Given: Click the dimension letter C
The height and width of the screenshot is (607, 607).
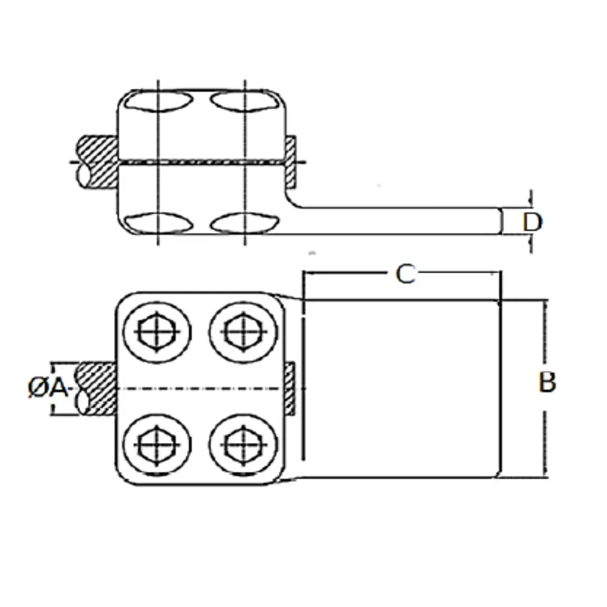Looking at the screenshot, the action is pos(405,274).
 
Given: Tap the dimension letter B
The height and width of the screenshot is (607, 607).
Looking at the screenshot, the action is pos(547,382).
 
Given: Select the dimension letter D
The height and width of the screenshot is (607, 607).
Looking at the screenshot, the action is pos(532,222).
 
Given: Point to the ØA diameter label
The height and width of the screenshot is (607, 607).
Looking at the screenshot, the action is pos(48,387).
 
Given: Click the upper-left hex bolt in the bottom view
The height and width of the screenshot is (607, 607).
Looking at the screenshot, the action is pos(157,332).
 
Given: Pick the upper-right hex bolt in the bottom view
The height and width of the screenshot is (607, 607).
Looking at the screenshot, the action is pos(243,332).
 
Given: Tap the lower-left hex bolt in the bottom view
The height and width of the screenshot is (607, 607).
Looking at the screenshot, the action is pos(157,445).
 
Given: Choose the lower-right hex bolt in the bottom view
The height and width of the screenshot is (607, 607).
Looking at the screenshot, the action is pos(243,445).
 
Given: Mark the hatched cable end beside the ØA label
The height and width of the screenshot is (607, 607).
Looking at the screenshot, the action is pos(97,389).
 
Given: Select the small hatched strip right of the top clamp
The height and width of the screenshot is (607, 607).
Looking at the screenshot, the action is pos(291,162).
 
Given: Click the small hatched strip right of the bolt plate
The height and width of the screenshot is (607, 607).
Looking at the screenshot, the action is pos(289,388).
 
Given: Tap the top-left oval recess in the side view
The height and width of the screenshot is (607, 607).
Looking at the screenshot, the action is pos(159,101).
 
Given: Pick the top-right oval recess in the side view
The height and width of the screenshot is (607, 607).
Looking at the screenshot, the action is pos(244,101).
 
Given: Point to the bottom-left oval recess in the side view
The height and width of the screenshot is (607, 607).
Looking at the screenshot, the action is pos(158,223).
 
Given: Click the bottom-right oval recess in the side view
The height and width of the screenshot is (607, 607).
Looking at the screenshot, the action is pos(244,223).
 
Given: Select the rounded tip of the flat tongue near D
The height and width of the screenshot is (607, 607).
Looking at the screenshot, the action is pos(500,221).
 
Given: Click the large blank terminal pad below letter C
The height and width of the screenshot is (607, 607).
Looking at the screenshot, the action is pos(401,388).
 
